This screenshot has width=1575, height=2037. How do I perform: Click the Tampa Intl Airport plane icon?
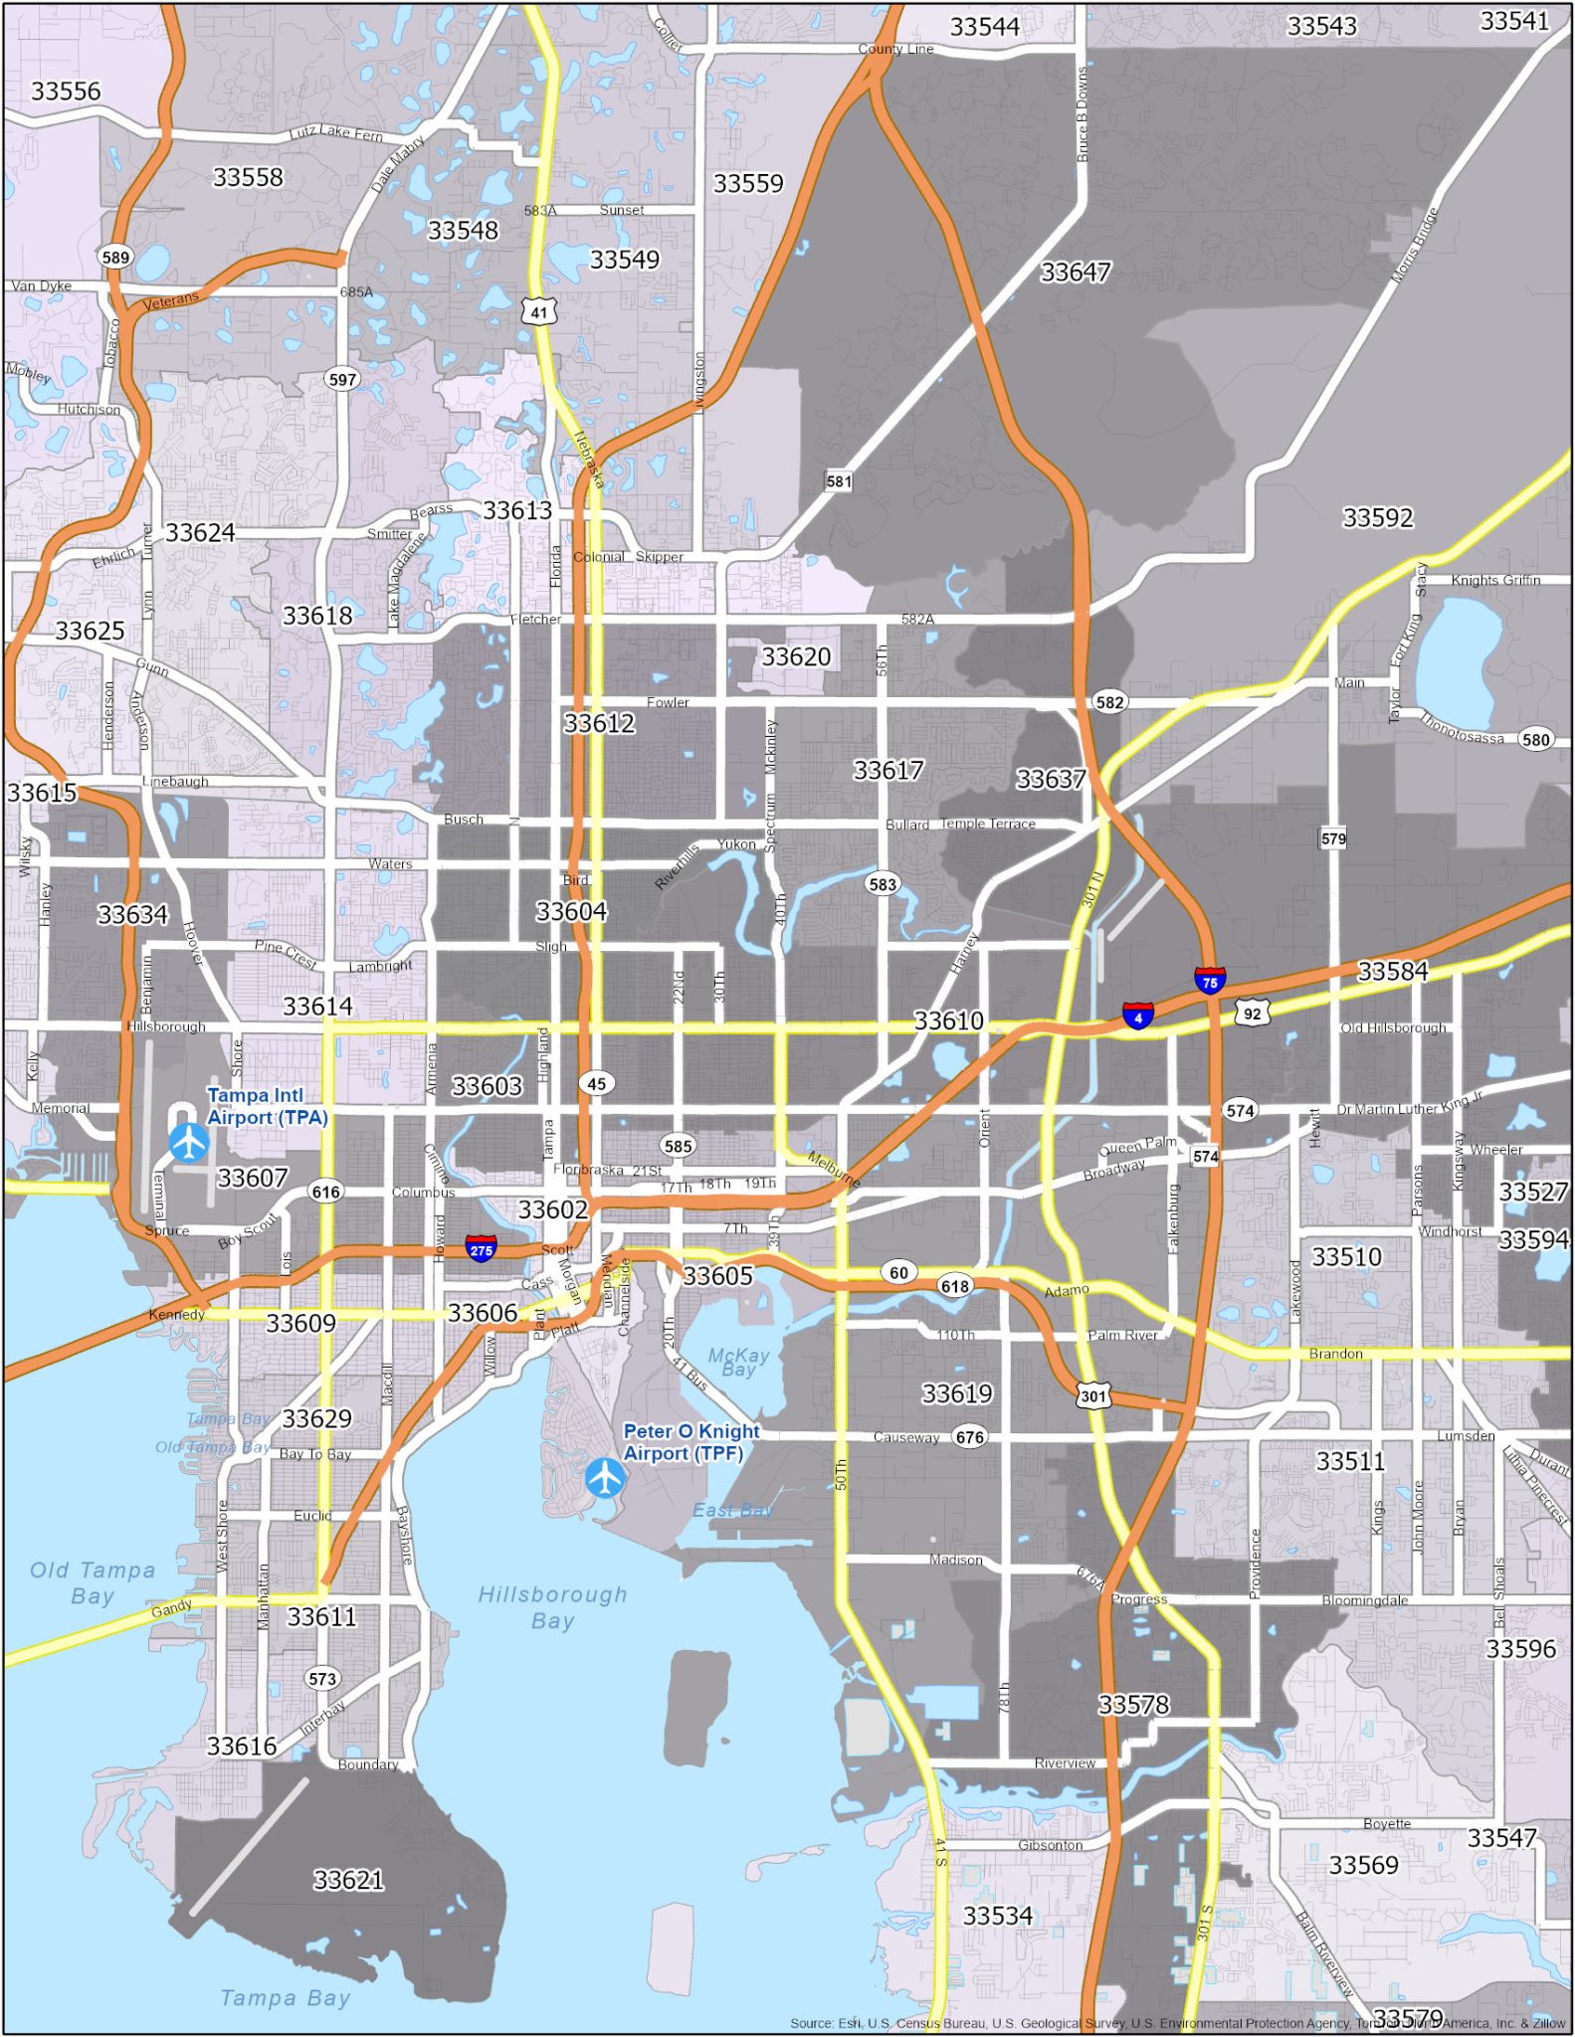[x=189, y=1142]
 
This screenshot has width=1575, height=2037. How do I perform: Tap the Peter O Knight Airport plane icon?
[x=605, y=1477]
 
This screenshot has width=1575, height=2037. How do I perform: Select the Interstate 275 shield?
[x=482, y=1248]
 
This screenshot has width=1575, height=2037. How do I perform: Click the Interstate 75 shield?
[x=1210, y=981]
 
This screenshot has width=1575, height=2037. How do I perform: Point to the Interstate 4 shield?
[x=1138, y=1016]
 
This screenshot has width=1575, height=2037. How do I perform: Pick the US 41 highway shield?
[x=538, y=311]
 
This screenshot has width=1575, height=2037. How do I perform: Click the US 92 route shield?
[x=1252, y=1014]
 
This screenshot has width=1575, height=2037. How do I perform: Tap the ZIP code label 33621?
[x=348, y=1879]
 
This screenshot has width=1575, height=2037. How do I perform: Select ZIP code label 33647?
[x=1075, y=272]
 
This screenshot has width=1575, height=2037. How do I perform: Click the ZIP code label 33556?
[x=66, y=92]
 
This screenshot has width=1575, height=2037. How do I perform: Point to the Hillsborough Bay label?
[x=552, y=1607]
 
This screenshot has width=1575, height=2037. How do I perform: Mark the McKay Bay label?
[x=738, y=1362]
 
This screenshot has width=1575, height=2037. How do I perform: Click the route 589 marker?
[x=115, y=257]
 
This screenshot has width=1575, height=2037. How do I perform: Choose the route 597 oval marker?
[x=342, y=379]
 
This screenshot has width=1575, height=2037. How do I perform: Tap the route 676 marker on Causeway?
[x=970, y=1436]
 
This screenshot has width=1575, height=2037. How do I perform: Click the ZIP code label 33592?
[x=1377, y=517]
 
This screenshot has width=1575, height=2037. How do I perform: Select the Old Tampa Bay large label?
[x=93, y=1582]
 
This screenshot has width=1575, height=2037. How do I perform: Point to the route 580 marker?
[x=1535, y=739]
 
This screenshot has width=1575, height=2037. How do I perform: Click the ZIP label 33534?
[x=997, y=1915]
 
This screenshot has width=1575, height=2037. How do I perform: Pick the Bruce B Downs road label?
[x=1083, y=114]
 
